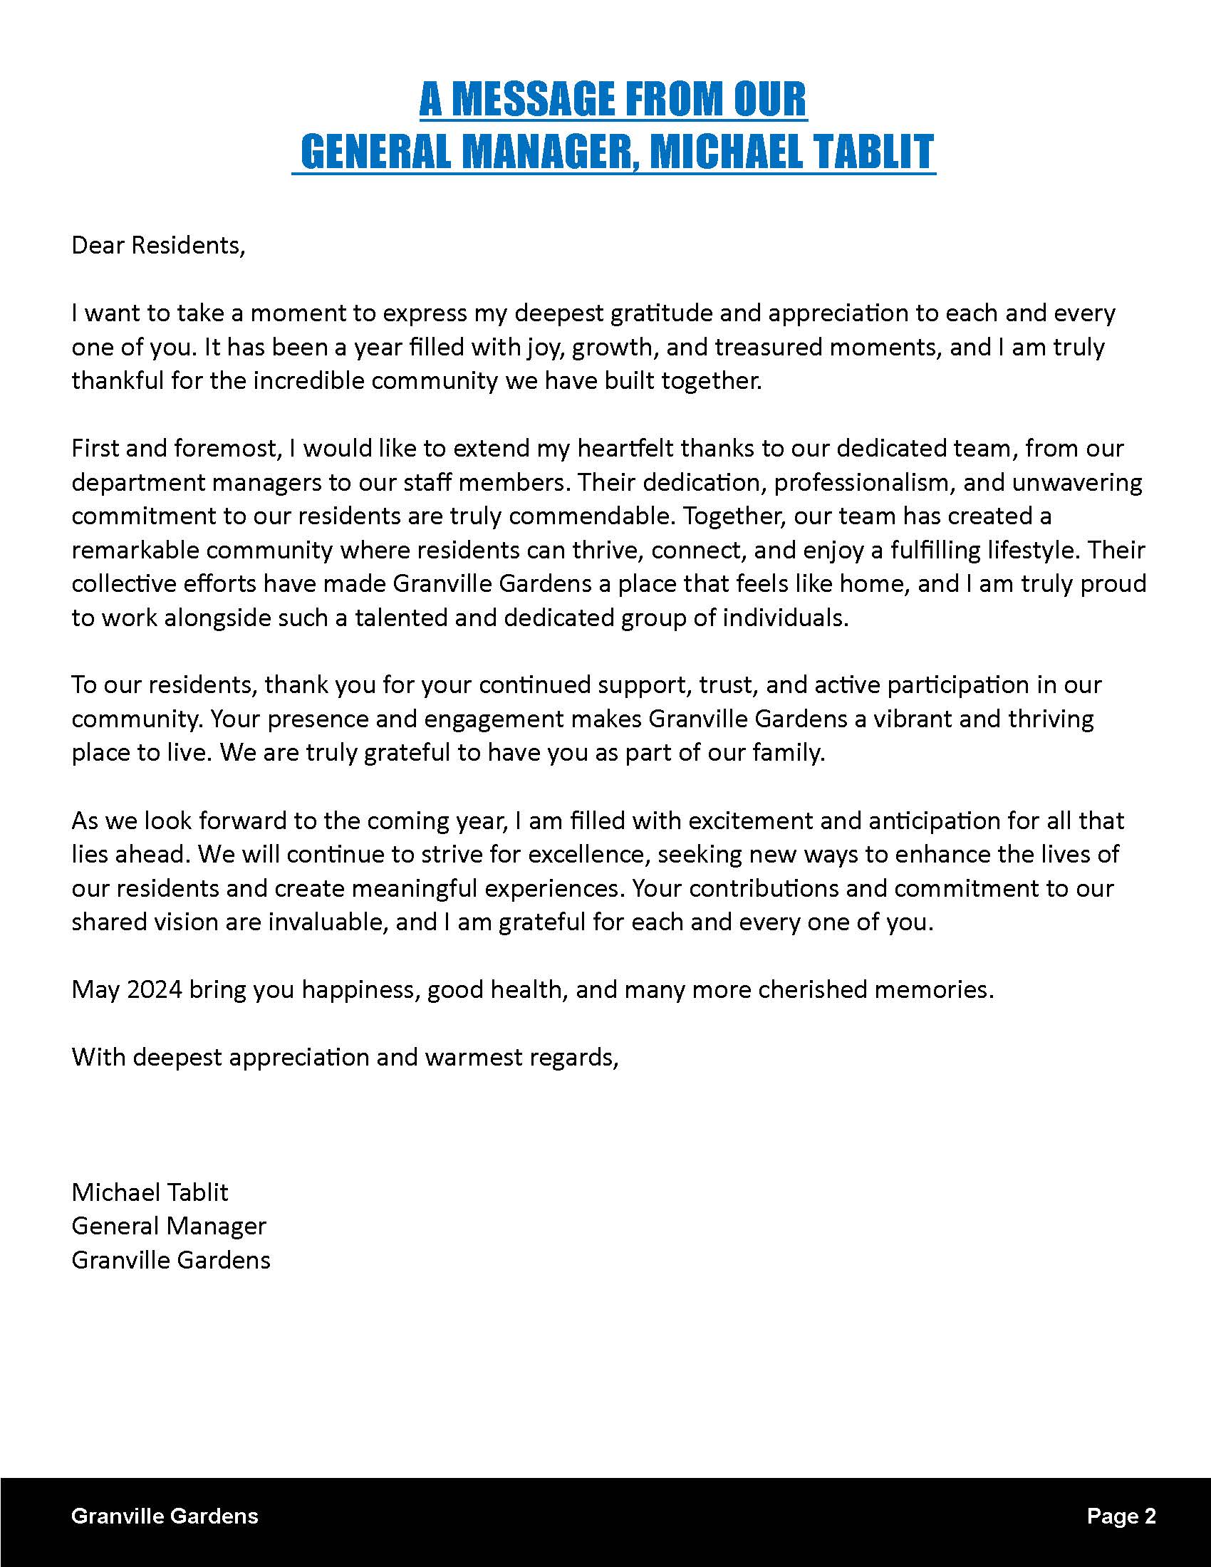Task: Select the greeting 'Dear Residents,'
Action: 159,246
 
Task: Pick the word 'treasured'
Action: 769,348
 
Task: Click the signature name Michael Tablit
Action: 150,1193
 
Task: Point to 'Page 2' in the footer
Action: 1121,1516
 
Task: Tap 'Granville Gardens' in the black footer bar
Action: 165,1516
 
